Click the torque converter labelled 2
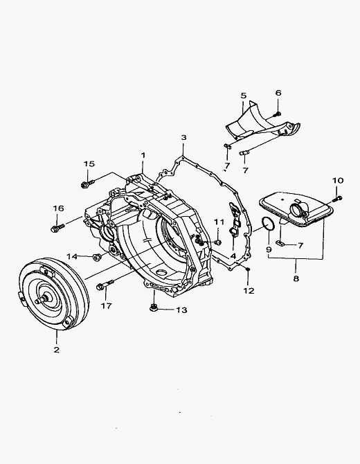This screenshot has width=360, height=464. (54, 294)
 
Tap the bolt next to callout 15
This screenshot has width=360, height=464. (87, 184)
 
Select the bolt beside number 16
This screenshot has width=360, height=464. (57, 228)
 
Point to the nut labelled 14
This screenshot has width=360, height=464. (96, 256)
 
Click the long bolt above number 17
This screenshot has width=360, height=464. (105, 285)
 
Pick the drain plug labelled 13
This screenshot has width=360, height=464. (153, 307)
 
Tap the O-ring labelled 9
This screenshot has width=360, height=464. (269, 223)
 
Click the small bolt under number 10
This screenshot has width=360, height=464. (338, 199)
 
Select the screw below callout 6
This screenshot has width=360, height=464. (278, 114)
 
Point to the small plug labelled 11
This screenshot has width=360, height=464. (218, 242)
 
